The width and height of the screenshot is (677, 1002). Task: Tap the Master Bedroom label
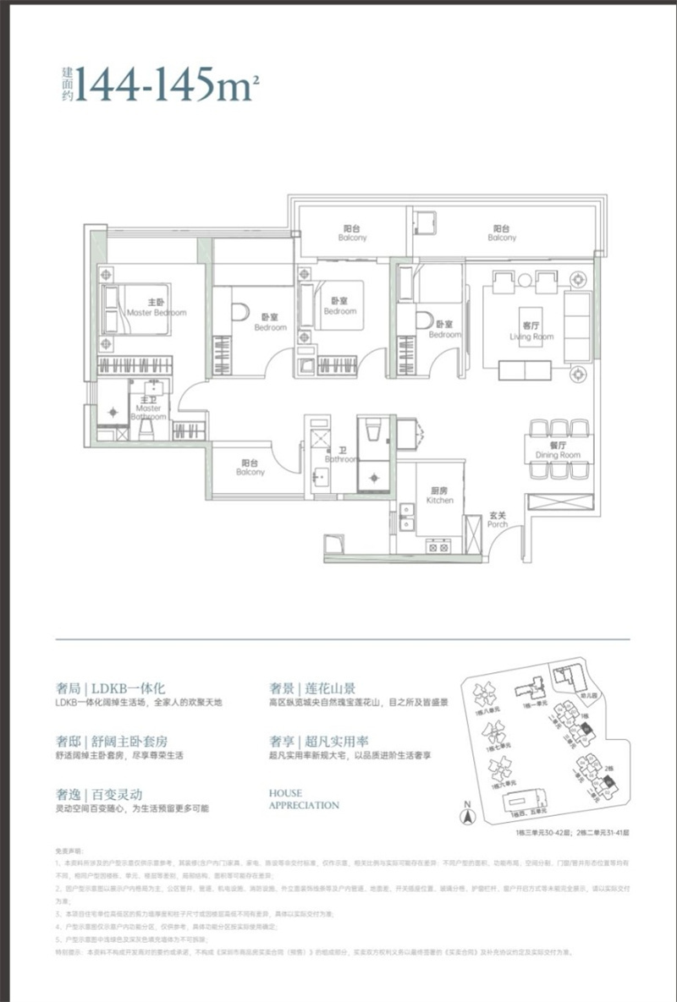(x=156, y=308)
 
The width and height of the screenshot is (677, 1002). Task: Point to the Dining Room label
(x=558, y=451)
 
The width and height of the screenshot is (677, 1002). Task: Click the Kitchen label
(x=440, y=496)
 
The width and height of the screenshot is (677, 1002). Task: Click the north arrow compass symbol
(x=465, y=816)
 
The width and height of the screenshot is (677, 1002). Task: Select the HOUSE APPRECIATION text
(x=303, y=799)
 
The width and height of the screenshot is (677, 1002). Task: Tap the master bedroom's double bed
(x=135, y=309)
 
